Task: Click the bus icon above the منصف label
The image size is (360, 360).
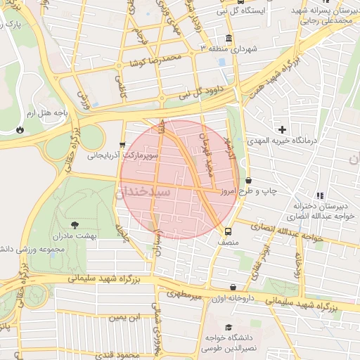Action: point(228,231)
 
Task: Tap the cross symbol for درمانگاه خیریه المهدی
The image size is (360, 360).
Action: point(283,129)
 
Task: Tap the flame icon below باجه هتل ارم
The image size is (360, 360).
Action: point(20,129)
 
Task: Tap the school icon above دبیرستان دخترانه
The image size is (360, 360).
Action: point(321,195)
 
